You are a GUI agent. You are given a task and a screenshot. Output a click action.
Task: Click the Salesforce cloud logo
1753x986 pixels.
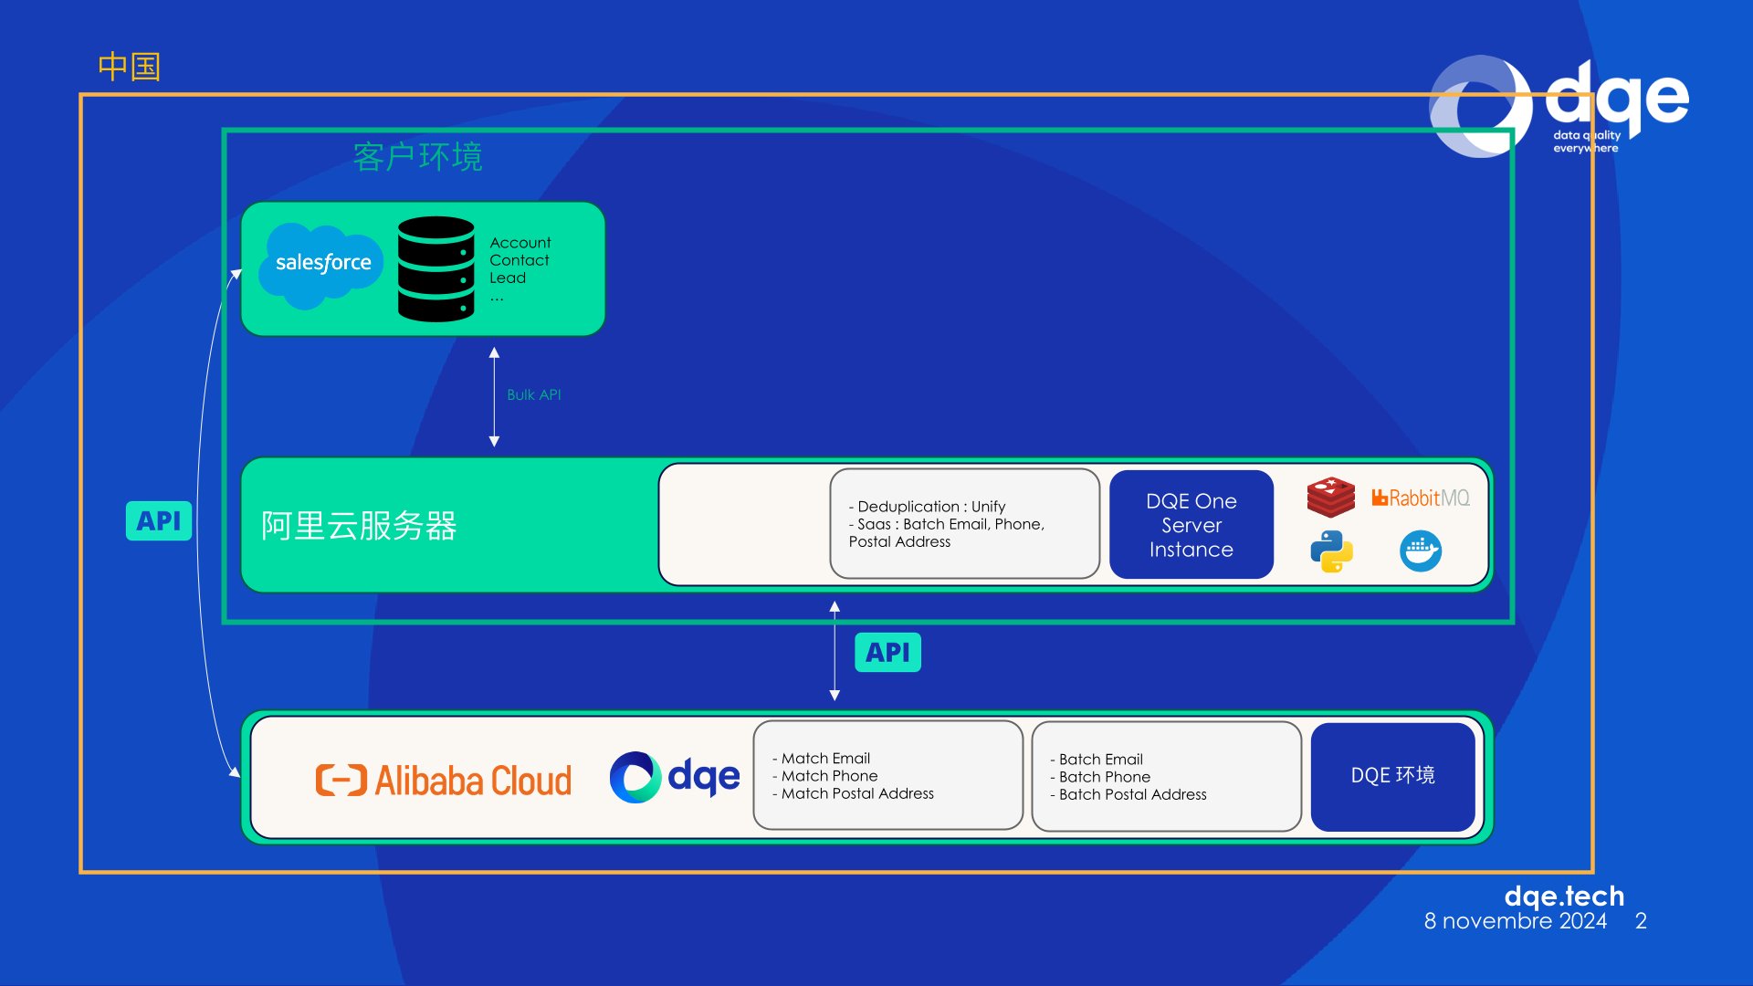click(322, 265)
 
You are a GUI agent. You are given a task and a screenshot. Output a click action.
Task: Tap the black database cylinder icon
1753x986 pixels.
click(436, 268)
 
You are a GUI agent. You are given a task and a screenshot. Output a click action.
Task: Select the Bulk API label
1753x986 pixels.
click(534, 394)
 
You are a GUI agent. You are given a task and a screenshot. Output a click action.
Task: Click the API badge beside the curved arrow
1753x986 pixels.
click(159, 520)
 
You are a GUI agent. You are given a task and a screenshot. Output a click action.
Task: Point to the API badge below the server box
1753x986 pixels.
click(887, 653)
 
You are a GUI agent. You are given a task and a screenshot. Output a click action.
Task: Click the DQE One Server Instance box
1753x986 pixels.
click(1191, 525)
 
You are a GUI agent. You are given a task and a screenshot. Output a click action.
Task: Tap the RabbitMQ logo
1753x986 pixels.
click(1421, 498)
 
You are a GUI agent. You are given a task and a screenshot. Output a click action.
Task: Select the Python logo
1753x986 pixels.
click(1331, 551)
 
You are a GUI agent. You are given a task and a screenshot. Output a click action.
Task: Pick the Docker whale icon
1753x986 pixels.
click(1421, 551)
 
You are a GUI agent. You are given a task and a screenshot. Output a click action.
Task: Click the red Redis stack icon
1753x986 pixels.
click(1331, 498)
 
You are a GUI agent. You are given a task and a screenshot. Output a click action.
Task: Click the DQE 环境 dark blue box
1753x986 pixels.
click(1393, 776)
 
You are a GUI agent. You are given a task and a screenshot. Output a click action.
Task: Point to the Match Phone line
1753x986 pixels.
click(825, 776)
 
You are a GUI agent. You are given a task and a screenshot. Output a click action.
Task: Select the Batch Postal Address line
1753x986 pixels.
click(1128, 794)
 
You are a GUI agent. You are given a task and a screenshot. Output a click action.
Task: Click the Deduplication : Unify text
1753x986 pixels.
click(928, 507)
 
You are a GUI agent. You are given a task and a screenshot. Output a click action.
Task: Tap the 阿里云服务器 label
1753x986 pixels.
click(359, 526)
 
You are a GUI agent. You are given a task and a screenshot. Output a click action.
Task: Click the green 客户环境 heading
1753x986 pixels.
click(417, 157)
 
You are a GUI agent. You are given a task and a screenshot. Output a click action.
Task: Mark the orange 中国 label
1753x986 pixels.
click(130, 67)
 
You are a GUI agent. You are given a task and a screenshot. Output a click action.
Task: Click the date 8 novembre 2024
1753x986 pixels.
click(1516, 921)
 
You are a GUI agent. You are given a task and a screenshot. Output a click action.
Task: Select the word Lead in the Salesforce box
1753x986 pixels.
click(508, 278)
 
